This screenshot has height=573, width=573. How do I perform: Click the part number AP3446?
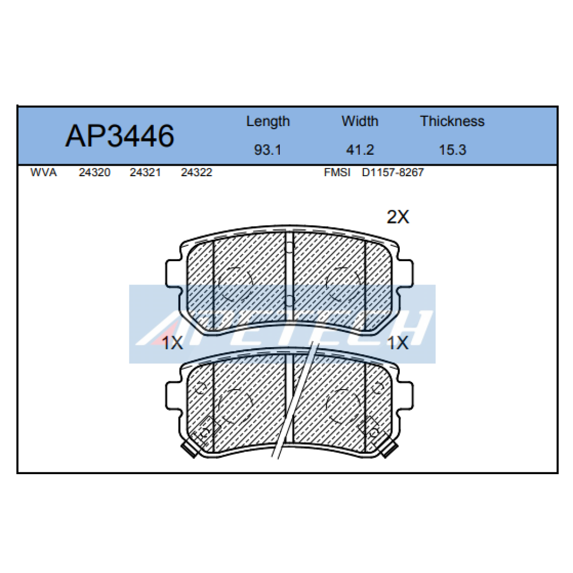coord(119,136)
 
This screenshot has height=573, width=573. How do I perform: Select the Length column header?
coord(268,122)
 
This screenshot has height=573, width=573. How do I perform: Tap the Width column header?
coord(360,121)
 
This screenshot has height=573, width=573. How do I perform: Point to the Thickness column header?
coord(452,121)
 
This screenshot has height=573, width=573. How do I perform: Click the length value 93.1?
coord(267,150)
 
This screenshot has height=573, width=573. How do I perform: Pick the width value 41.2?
coord(360,150)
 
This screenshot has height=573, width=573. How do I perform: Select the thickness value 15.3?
coord(452,150)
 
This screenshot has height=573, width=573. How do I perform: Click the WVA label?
coord(43,172)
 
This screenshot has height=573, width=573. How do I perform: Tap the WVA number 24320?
coord(94,172)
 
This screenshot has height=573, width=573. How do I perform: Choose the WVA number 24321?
coord(145,172)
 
